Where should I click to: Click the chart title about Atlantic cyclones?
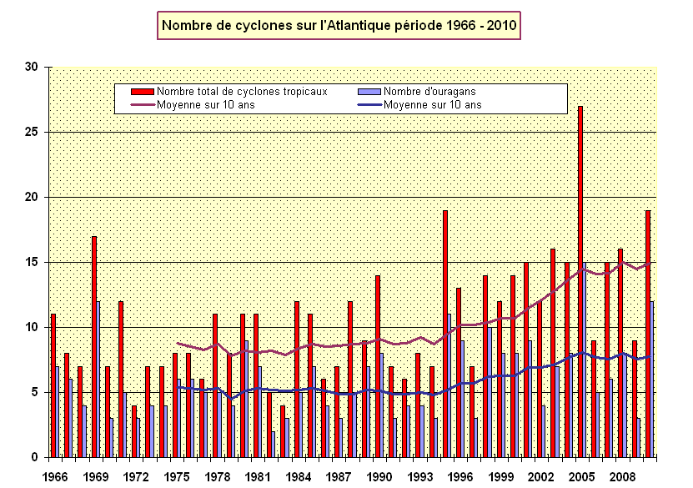[x=339, y=26]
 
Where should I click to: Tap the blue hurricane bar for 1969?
[x=98, y=379]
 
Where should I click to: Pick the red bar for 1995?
[x=445, y=334]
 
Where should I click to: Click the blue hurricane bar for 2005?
[x=585, y=360]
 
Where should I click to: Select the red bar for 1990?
[x=378, y=366]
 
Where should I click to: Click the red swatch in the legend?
[x=143, y=90]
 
